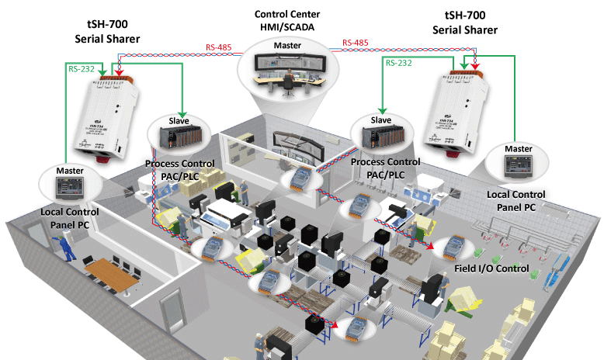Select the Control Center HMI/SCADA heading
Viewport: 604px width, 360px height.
tap(286, 21)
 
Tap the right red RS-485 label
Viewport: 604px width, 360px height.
tap(355, 43)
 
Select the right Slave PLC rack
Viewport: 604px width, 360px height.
tap(380, 138)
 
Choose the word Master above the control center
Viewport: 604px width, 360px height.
tap(287, 46)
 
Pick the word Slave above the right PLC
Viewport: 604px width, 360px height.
tap(380, 120)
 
